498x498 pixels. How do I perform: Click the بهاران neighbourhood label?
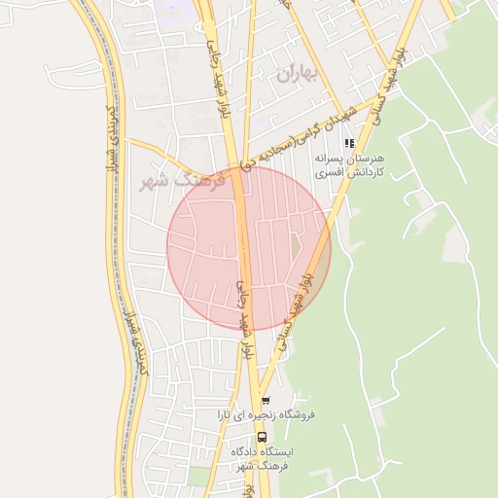298,74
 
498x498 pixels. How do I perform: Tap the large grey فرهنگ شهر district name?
182,181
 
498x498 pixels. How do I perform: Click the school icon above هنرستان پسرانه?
349,143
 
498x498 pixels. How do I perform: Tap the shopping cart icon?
265,401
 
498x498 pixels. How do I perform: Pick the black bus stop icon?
261,437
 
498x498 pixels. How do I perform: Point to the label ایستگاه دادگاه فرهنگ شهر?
263,459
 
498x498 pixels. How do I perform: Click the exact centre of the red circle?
249,249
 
